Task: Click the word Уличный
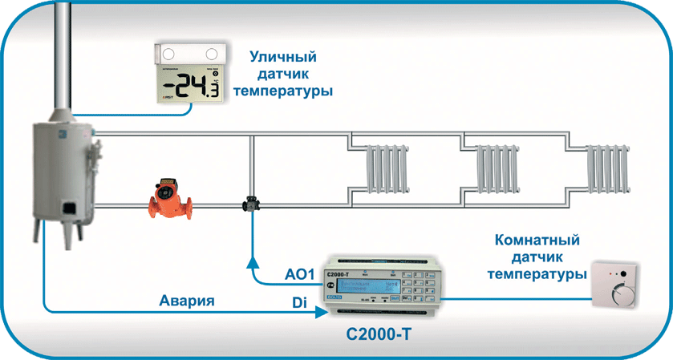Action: click(282, 58)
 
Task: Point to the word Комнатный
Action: click(537, 241)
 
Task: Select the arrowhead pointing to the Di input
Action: click(314, 311)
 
